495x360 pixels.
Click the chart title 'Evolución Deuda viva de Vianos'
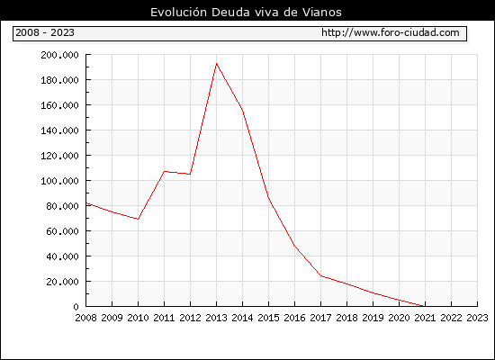246,13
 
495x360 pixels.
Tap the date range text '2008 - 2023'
45,32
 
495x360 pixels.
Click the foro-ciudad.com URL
391,32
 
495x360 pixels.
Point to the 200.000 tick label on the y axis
59,55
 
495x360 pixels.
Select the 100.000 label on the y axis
59,181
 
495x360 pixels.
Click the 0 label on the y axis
76,307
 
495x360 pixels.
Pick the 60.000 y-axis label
62,231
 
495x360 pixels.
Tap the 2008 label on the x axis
85,318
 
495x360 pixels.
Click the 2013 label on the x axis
216,318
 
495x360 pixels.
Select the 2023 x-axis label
477,318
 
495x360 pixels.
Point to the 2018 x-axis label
346,318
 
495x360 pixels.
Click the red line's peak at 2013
216,64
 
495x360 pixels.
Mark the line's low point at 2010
138,219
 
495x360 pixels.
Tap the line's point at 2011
164,172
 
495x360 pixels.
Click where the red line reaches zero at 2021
423,306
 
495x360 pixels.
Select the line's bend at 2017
321,275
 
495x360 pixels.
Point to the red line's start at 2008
86,203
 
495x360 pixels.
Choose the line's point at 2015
269,197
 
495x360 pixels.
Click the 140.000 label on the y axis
59,130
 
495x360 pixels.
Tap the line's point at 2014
242,112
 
